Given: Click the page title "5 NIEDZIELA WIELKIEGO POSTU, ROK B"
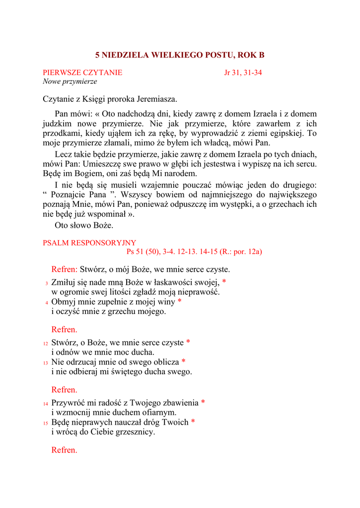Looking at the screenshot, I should point(180,55).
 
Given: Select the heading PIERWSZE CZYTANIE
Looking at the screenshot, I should point(82,72).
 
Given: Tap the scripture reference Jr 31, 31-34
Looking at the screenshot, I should point(243,72).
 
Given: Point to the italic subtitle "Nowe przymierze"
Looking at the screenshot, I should point(70,81).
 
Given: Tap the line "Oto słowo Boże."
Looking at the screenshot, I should point(84,225).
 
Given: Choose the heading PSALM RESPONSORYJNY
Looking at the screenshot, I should point(89,243).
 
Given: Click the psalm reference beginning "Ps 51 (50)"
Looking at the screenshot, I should point(194,252).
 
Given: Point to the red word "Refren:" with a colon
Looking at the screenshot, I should point(64,269).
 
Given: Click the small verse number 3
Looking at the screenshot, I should point(46,283).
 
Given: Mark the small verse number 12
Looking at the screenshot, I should point(45,343).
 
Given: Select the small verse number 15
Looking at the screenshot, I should point(45,423).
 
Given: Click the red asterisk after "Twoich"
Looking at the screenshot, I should point(193,422).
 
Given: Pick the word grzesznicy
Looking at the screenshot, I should point(135,432).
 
